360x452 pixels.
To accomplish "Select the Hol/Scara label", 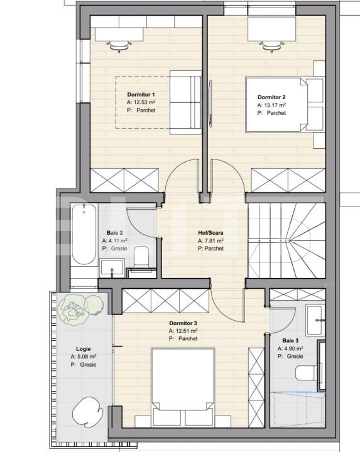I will (x=210, y=232).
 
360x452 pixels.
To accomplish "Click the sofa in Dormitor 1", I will (x=186, y=103).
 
